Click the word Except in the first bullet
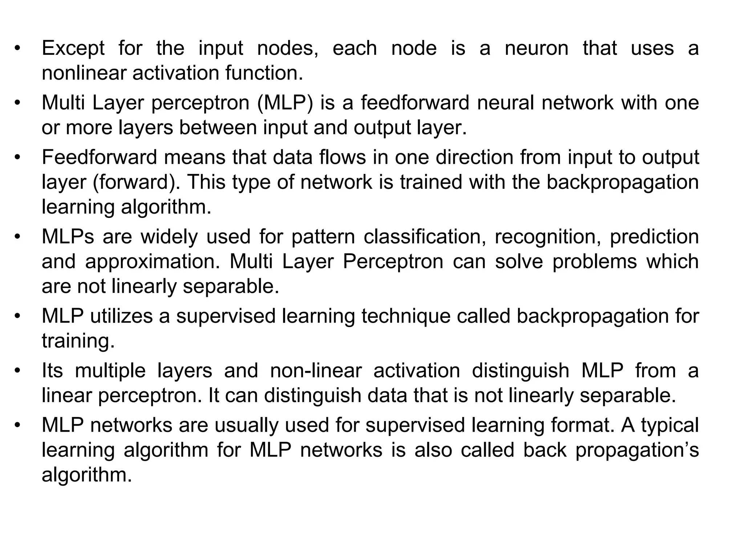pyautogui.click(x=73, y=49)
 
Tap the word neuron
pyautogui.click(x=536, y=49)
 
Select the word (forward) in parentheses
pyautogui.click(x=136, y=182)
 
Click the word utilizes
pyautogui.click(x=121, y=316)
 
